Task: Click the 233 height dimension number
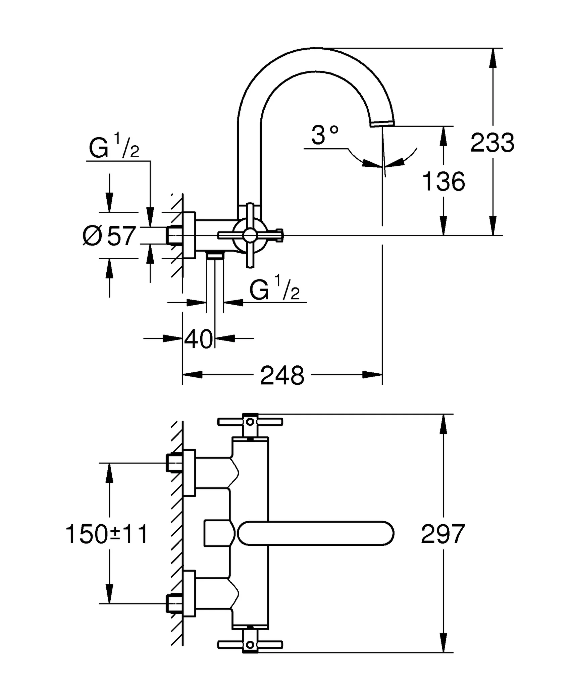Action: [492, 143]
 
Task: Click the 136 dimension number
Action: [444, 182]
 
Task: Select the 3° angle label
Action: [324, 135]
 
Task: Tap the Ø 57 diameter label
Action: [110, 236]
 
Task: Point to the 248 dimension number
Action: [282, 376]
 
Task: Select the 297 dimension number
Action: [443, 534]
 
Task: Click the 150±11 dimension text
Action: [107, 534]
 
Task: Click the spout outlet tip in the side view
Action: [382, 124]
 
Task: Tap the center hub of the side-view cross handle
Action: [250, 235]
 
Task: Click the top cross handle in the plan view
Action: [250, 422]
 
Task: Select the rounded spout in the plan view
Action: [315, 533]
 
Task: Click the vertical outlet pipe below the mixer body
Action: [215, 282]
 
